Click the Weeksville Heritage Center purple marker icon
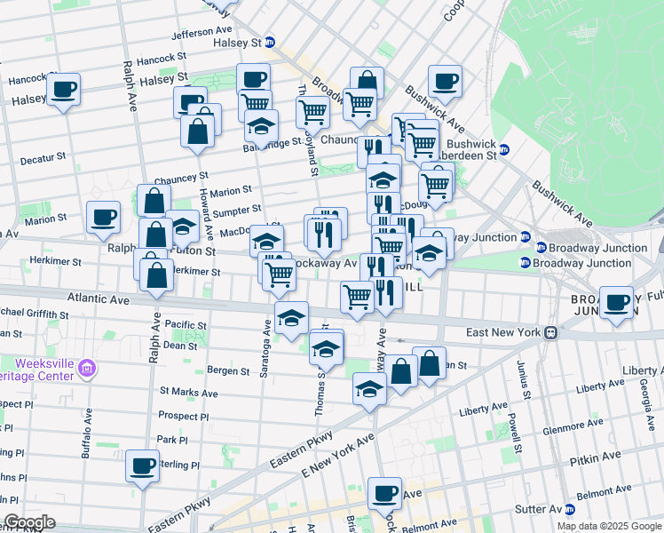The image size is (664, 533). pyautogui.click(x=86, y=367)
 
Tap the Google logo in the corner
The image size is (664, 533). pyautogui.click(x=29, y=522)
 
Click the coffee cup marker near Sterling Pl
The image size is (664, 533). pyautogui.click(x=142, y=465)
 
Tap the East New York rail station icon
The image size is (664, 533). pyautogui.click(x=550, y=332)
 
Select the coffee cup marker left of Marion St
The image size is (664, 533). pyautogui.click(x=104, y=218)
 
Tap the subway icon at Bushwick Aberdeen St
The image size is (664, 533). pyautogui.click(x=504, y=149)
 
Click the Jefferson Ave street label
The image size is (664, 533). pyautogui.click(x=202, y=34)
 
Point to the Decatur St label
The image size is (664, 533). pyautogui.click(x=43, y=156)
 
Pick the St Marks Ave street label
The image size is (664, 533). pyautogui.click(x=188, y=392)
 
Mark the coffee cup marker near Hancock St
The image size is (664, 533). pyautogui.click(x=64, y=90)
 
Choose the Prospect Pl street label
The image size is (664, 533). pyautogui.click(x=183, y=416)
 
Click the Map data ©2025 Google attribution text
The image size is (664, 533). pyautogui.click(x=608, y=526)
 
